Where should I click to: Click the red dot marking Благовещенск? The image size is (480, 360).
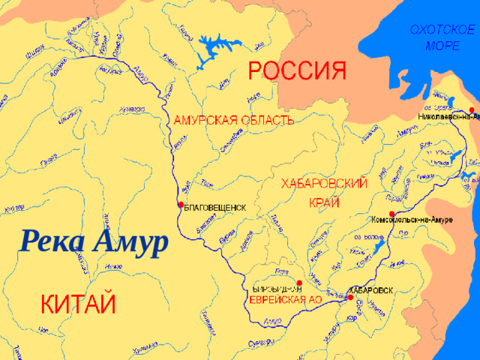pos(180,204)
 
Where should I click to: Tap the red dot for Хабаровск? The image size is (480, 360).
pos(349,298)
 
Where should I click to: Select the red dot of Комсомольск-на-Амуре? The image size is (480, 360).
pos(391,213)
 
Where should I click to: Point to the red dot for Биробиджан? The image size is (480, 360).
pos(299,283)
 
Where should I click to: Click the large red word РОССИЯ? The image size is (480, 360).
pos(298,73)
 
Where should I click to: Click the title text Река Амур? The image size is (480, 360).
pos(93,242)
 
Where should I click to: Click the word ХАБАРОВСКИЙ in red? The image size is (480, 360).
pos(323,184)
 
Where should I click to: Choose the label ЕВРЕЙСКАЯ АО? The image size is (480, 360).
pos(285,299)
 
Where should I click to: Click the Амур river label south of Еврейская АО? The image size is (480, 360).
pos(274,322)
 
